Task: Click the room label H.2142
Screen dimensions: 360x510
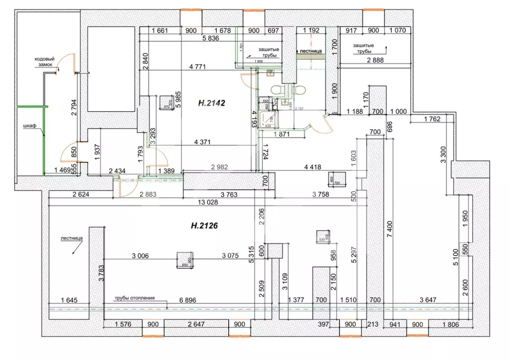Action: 212,104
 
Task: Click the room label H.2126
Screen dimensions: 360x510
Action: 205,225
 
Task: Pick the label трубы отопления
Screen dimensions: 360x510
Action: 134,298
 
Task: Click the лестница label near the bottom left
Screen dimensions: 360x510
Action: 71,238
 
